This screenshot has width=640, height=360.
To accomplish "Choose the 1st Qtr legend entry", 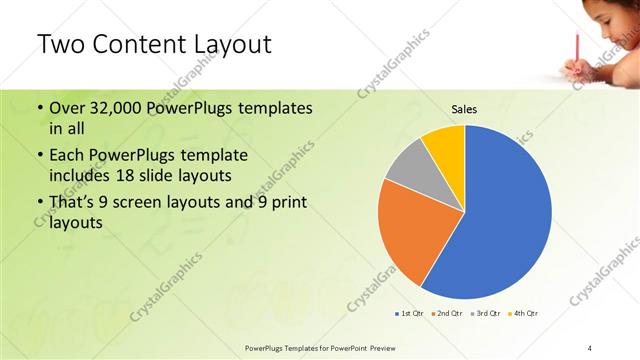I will click(x=410, y=313).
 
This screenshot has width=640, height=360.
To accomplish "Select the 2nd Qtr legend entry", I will click(x=446, y=313).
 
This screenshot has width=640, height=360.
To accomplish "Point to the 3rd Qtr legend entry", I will click(x=486, y=313).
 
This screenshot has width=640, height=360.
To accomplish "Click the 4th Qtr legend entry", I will click(x=524, y=313).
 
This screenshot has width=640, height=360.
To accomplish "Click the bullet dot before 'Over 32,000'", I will click(x=39, y=107).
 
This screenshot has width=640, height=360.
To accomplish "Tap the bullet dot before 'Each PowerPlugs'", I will click(x=39, y=156).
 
